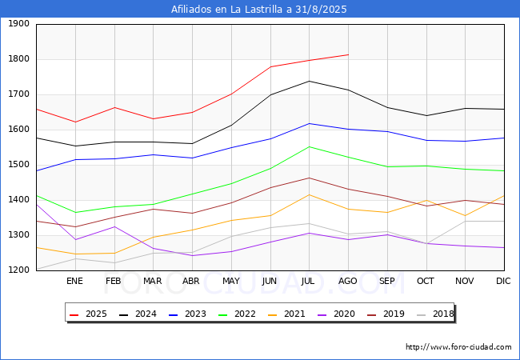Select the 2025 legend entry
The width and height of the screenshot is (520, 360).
(88, 314)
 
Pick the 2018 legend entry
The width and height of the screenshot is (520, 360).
(435, 314)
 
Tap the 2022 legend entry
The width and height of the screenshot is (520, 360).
(237, 314)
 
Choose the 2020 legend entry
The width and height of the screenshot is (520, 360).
(336, 314)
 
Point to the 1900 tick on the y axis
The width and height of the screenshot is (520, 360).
(18, 23)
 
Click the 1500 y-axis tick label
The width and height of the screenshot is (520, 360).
(18, 165)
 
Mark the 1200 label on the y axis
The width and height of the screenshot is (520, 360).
(18, 270)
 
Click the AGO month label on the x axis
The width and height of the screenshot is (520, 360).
(347, 281)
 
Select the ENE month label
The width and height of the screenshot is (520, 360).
(74, 281)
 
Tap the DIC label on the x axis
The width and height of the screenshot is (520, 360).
(503, 281)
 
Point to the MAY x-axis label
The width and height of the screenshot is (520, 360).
(231, 281)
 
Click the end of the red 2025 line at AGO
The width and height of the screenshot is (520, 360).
(348, 54)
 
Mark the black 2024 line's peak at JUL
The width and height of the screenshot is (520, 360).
(310, 81)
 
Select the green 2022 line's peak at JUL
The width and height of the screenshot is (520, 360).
(310, 146)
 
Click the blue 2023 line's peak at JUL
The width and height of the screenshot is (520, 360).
(310, 124)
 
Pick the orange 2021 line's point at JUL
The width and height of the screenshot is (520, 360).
(310, 194)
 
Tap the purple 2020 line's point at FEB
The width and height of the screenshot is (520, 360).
(114, 226)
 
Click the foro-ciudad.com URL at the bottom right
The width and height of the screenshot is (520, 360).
(458, 347)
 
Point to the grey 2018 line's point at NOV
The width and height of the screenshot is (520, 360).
(466, 221)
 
